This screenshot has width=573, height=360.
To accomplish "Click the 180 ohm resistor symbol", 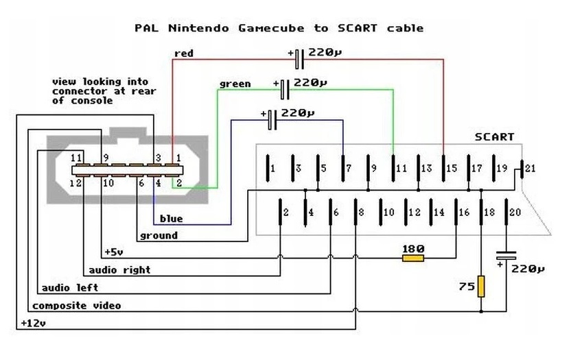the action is [413, 258].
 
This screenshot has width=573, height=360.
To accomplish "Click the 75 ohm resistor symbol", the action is [481, 286].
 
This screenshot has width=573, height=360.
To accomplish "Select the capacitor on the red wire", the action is [299, 59].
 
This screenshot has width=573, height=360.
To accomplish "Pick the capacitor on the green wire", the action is [285, 89].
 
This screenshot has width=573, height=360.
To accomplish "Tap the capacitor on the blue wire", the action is [272, 120].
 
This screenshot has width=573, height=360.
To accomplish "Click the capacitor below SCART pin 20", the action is [506, 255].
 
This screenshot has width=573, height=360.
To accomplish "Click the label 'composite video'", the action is [76, 306].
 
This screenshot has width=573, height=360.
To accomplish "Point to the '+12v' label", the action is [33, 323].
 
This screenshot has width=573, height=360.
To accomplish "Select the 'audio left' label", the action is [70, 288].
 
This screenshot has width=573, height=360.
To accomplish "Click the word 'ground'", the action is [159, 236].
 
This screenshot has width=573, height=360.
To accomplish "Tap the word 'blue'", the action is [172, 218].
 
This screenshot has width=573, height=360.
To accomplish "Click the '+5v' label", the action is [114, 252].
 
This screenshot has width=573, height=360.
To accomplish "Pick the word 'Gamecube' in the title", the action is [271, 28].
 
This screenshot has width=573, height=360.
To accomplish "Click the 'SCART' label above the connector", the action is [495, 137].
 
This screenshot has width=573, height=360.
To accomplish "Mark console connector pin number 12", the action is [75, 182].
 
